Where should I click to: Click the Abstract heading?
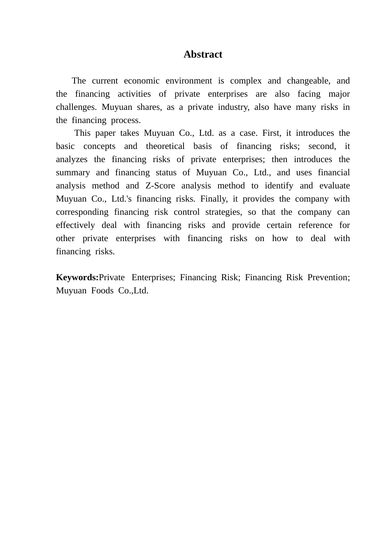point(203,54)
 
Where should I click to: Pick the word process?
point(126,120)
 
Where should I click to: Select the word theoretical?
point(165,146)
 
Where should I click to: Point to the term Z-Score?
point(160,186)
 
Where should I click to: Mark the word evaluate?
point(335,186)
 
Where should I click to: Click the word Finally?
point(214,199)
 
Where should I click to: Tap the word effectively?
point(75,225)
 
